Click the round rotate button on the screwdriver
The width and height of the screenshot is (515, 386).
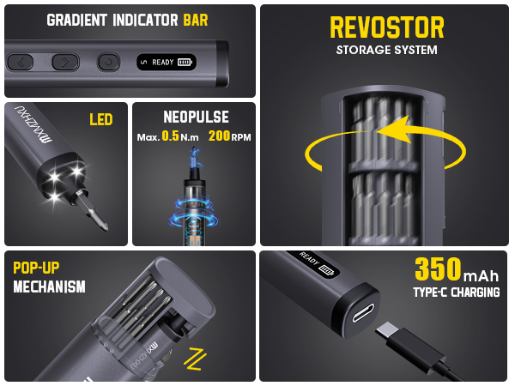click(x=106, y=62)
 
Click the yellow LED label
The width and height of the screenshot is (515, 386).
click(x=101, y=119)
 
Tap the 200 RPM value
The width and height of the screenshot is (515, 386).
click(x=218, y=136)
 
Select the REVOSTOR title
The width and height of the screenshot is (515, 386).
click(x=386, y=27)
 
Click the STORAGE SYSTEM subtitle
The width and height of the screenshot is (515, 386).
click(x=386, y=50)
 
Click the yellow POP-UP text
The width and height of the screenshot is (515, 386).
click(x=36, y=268)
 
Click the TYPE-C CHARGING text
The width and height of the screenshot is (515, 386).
click(x=457, y=293)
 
